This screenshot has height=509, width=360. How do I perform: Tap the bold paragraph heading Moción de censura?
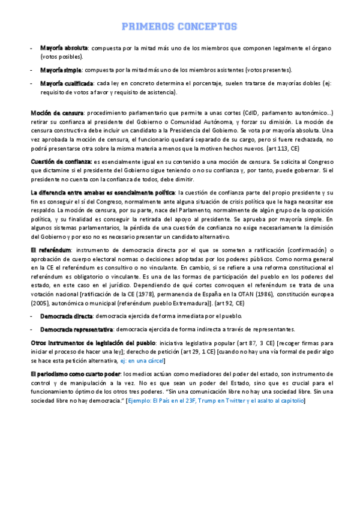click(57, 112)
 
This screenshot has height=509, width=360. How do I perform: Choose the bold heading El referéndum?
click(50, 249)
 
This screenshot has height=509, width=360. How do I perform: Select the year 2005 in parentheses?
click(41, 304)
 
